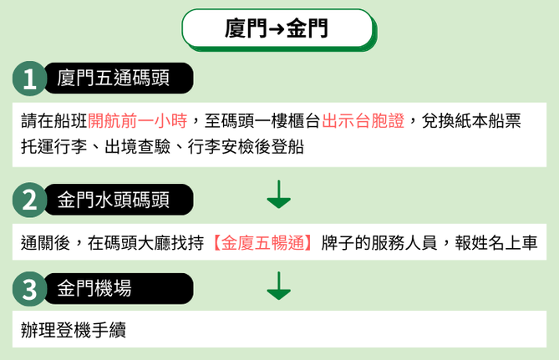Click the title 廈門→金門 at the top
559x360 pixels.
coord(277,28)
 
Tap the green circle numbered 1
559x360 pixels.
coord(29,79)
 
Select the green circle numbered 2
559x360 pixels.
coord(29,200)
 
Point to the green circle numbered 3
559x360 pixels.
coord(29,289)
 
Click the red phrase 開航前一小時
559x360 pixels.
coord(137,121)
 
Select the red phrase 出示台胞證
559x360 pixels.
coord(363,121)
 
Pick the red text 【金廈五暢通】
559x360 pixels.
coord(262,243)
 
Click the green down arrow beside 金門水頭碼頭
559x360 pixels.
coord(279,195)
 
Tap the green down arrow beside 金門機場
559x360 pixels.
coord(279,286)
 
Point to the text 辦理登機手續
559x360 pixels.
coord(74,330)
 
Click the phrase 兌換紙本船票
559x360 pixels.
coord(471,121)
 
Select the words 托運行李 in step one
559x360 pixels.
coord(53,146)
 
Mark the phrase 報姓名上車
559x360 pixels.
coord(495,243)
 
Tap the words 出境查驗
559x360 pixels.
coord(138,146)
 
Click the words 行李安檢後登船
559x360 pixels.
coord(246,146)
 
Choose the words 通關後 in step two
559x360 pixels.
coord(46,243)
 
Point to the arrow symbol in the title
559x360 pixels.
coord(277,29)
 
